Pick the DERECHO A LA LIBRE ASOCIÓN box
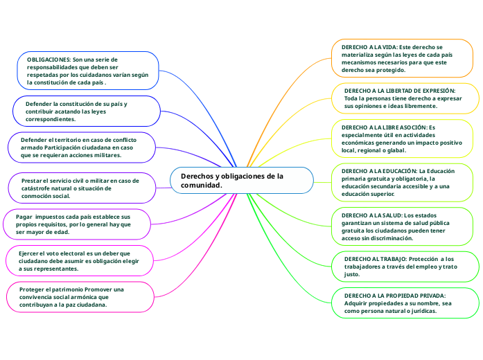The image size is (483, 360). pos(405,138)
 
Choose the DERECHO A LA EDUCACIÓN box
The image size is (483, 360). pos(405,181)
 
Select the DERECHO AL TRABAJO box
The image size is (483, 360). pos(405,266)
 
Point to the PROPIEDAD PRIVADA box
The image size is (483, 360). pos(405,303)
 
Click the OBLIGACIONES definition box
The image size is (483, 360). pos(89,71)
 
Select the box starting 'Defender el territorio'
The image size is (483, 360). pos(83,147)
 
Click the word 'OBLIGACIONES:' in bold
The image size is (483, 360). pos(49,60)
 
